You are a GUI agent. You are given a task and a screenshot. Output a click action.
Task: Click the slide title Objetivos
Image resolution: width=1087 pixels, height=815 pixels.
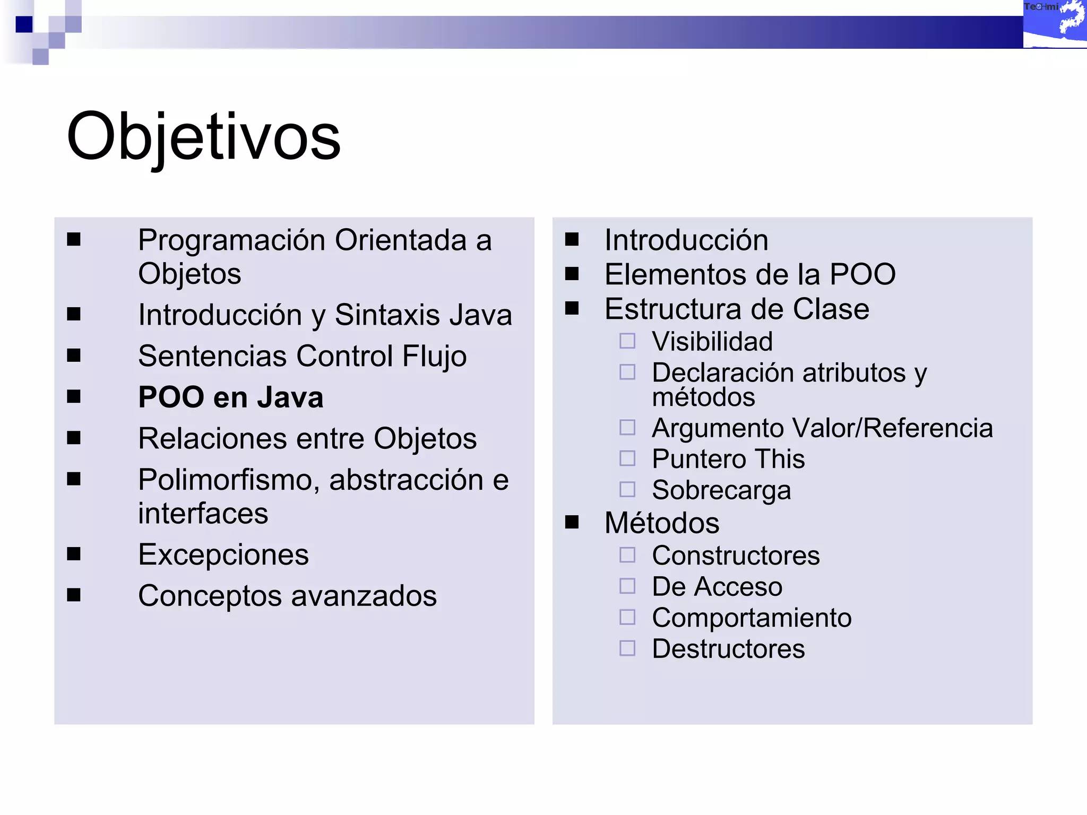[203, 137]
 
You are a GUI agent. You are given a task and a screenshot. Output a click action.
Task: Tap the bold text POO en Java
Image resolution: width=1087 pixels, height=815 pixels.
[230, 397]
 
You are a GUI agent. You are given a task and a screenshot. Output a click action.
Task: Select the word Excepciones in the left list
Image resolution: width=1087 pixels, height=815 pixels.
[223, 555]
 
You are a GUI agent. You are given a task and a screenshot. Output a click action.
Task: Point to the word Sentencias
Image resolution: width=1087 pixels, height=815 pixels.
[212, 356]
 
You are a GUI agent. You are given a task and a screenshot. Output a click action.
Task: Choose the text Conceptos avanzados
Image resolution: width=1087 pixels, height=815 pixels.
[287, 596]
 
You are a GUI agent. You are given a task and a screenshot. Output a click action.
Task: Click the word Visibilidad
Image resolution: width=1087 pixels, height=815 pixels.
[712, 341]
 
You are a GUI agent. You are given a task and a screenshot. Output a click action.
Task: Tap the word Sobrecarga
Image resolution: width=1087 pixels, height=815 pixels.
[721, 490]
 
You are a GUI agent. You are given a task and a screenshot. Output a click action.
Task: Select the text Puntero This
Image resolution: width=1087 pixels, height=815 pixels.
[728, 459]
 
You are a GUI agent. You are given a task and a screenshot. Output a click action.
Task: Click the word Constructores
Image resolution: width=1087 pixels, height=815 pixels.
[736, 556]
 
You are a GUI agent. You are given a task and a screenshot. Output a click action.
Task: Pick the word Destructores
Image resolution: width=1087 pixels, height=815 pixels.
[728, 649]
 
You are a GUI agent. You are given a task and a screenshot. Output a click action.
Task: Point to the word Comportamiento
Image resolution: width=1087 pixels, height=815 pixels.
[752, 618]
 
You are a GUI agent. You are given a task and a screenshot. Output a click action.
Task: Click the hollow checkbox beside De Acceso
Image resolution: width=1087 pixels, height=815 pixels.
[627, 586]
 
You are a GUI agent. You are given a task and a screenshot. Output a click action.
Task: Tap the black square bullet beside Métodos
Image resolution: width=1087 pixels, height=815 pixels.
[572, 523]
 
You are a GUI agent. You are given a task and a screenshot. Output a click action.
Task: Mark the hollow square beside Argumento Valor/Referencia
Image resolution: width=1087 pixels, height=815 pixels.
[627, 427]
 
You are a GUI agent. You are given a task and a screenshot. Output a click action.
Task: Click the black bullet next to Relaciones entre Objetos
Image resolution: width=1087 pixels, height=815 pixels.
[74, 438]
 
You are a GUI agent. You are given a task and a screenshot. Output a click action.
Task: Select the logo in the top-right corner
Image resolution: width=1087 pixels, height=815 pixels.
[1055, 24]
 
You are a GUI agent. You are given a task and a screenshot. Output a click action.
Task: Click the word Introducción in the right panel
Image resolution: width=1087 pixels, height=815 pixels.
[686, 240]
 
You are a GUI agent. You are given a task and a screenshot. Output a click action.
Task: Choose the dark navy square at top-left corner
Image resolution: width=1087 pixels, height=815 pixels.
[24, 24]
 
